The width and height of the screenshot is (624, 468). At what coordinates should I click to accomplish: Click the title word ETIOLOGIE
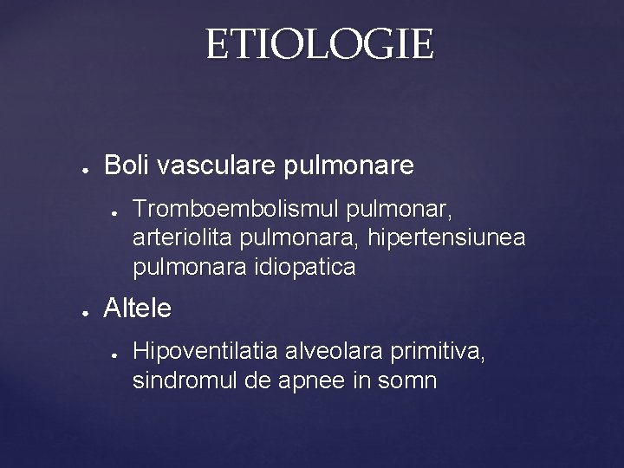coord(319,45)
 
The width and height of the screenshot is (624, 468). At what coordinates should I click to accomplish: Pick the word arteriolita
coord(178,238)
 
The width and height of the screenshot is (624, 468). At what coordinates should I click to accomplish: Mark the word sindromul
coord(180,380)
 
